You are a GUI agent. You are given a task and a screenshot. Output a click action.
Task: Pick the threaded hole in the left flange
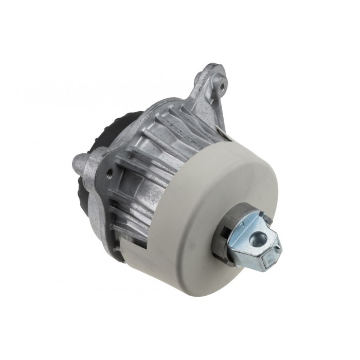point(109,174)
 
